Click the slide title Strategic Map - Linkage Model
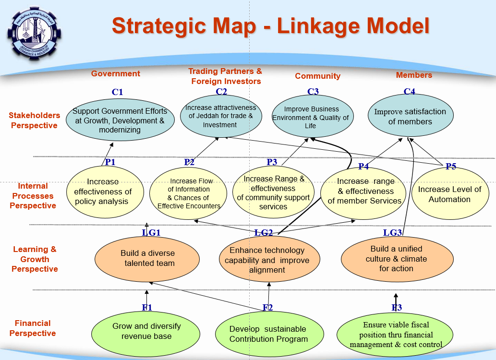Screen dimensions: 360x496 click(x=270, y=26)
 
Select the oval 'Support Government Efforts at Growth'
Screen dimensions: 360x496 click(x=119, y=120)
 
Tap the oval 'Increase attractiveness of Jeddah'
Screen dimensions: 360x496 click(x=220, y=116)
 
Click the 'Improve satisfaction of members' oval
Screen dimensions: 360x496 click(x=410, y=117)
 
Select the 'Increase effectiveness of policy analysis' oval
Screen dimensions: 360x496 click(x=104, y=192)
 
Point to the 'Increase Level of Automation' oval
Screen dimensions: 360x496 click(x=449, y=194)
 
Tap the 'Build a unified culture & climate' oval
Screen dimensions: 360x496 click(x=397, y=259)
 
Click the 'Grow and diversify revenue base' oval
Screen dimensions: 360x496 click(x=146, y=331)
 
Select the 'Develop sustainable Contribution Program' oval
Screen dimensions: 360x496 click(x=268, y=334)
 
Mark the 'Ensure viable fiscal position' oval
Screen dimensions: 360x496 click(x=396, y=335)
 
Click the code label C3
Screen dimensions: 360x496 click(x=313, y=92)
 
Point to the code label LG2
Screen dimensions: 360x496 click(x=264, y=233)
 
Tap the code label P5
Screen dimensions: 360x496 click(x=450, y=167)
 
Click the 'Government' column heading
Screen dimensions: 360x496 click(x=116, y=73)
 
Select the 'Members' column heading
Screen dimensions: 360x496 click(x=413, y=75)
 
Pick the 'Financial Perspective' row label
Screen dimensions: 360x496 click(x=33, y=328)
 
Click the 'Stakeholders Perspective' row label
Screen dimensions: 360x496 click(x=35, y=120)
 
